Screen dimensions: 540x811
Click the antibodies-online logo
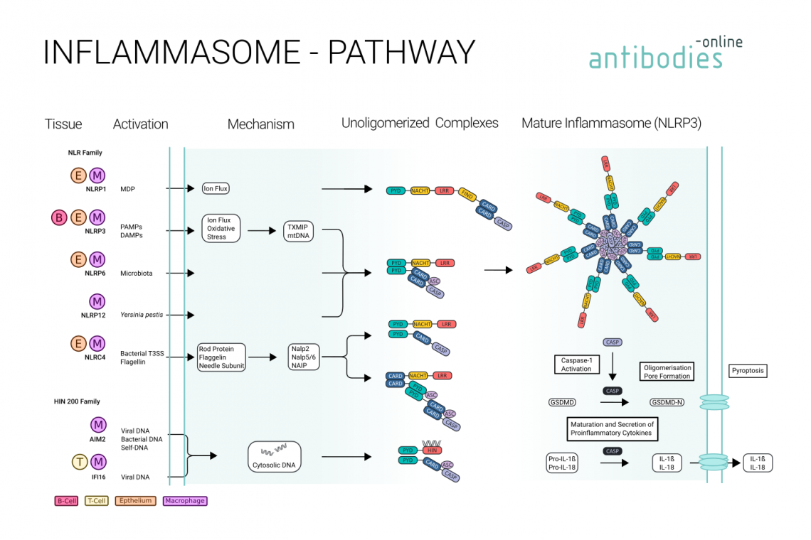664,53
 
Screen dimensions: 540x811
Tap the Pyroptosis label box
748,371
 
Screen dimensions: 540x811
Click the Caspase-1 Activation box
576,364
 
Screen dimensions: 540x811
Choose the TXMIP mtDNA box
300,231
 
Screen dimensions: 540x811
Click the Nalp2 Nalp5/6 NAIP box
303,357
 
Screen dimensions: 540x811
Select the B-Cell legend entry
66,501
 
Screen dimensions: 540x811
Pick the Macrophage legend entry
184,501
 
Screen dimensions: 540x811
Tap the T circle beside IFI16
80,463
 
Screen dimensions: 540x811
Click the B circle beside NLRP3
60,217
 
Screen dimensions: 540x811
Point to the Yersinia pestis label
137,314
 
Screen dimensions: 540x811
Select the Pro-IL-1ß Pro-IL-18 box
561,463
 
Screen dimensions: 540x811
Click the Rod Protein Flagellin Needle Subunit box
221,357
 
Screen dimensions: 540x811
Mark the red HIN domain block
430,450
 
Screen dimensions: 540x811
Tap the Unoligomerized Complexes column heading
420,124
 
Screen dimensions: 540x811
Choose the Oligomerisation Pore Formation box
667,372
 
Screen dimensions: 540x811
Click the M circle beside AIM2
98,425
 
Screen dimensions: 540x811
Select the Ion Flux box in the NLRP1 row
216,188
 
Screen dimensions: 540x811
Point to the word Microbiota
136,273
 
